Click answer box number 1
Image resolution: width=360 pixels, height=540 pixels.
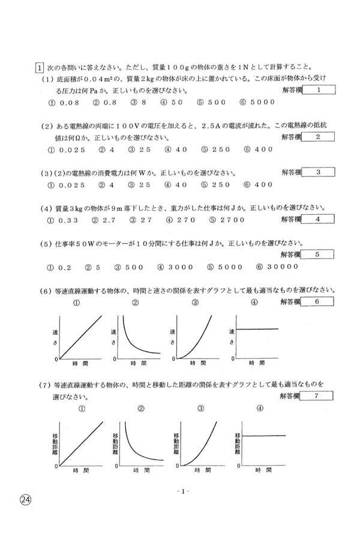(319, 90)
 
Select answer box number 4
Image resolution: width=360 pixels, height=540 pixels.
(319, 219)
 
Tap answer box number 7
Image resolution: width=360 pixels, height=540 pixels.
(319, 395)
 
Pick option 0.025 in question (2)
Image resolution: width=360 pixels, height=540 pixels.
(67, 149)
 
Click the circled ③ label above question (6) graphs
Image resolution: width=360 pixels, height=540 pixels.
(195, 303)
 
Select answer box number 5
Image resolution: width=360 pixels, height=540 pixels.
(319, 254)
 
